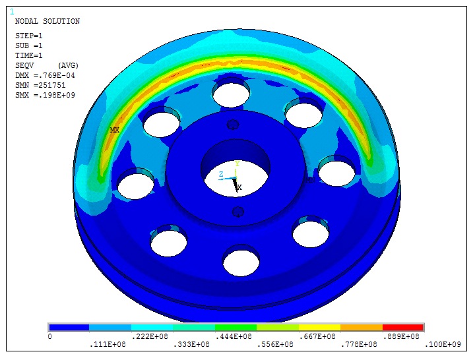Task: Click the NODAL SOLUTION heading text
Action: point(47,21)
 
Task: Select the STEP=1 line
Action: point(29,36)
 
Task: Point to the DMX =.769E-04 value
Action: point(45,75)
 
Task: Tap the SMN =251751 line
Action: point(40,85)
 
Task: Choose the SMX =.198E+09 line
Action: point(45,95)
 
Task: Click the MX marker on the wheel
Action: point(115,130)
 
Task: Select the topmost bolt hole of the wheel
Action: point(231,92)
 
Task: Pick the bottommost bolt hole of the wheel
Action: point(241,262)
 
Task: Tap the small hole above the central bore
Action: point(233,125)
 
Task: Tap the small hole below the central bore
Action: point(238,212)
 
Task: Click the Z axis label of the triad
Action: point(221,175)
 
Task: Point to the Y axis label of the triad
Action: point(237,163)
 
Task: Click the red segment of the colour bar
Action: point(402,327)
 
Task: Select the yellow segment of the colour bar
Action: point(319,327)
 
